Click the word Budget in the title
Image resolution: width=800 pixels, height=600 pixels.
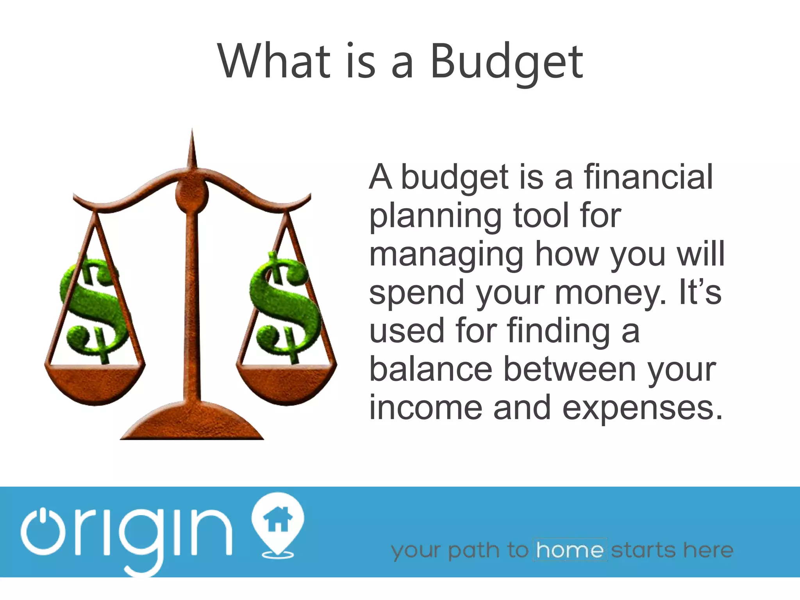tap(506, 62)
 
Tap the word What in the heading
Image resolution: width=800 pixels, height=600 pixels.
tap(273, 61)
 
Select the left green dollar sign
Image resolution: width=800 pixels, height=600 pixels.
tap(93, 309)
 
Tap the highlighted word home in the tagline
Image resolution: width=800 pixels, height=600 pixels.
tap(570, 550)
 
